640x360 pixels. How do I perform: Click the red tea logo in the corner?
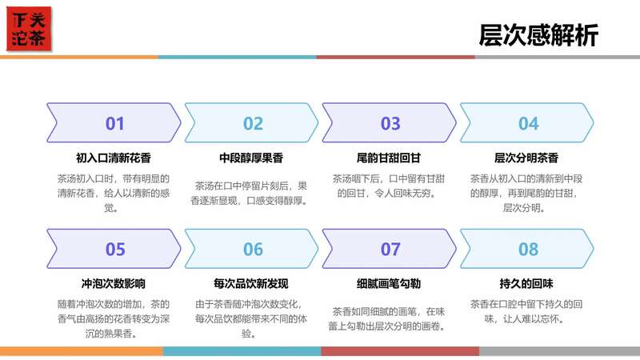point(29,29)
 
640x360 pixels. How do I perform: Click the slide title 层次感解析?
point(538,36)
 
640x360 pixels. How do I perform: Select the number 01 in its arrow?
point(115,123)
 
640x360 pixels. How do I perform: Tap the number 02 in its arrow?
point(253,123)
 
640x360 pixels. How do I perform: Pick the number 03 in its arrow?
point(390,123)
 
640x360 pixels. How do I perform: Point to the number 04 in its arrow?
point(528,123)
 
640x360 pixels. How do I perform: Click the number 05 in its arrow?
point(115,249)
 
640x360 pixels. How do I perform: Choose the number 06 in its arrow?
point(253,249)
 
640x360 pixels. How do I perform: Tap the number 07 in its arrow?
point(390,249)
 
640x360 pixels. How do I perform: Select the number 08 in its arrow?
point(528,249)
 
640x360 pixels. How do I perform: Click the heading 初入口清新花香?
point(114,158)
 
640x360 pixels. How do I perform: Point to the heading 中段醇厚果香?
point(251,158)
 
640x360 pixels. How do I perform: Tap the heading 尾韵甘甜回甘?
point(389,158)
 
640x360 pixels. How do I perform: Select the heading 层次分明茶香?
point(526,158)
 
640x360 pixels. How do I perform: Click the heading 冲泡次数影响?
point(114,283)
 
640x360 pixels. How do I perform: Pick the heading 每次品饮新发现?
point(251,283)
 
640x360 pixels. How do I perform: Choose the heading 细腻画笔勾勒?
point(389,283)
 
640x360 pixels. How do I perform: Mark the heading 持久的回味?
point(526,283)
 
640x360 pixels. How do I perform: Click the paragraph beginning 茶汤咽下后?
point(389,186)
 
